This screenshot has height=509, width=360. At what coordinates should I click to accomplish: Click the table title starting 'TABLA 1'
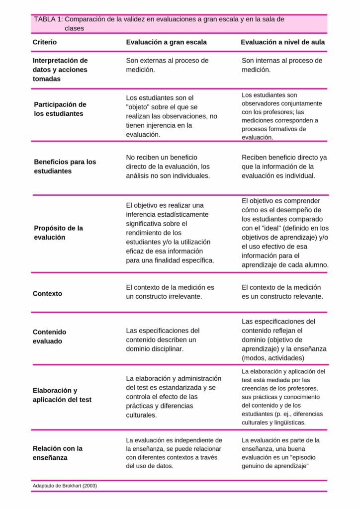(x=159, y=23)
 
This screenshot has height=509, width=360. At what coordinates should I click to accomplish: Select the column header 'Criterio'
(x=45, y=42)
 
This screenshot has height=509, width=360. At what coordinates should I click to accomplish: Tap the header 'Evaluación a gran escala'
(x=166, y=42)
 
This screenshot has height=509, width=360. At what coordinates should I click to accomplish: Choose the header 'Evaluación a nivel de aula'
(x=282, y=42)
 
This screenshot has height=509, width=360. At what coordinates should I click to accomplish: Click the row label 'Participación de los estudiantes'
(x=60, y=109)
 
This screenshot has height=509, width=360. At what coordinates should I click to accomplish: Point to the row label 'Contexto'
(x=47, y=293)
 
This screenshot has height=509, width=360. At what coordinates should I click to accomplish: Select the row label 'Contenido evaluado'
(x=49, y=336)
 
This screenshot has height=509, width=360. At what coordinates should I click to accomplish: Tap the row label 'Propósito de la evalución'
(x=58, y=232)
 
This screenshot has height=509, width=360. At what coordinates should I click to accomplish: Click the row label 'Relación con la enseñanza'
(x=57, y=452)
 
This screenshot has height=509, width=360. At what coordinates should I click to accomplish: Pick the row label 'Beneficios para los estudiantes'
(x=65, y=166)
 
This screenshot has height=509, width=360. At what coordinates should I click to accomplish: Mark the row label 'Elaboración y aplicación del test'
(x=62, y=395)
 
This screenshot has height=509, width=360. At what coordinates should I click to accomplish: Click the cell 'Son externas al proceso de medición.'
(x=167, y=65)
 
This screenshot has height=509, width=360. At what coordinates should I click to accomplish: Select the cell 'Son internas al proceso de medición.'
(x=282, y=65)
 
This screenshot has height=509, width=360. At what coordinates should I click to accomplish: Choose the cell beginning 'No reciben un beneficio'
(x=168, y=166)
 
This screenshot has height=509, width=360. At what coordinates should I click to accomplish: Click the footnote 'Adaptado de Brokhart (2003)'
(x=65, y=485)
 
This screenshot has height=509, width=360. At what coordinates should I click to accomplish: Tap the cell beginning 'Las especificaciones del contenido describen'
(x=163, y=339)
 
